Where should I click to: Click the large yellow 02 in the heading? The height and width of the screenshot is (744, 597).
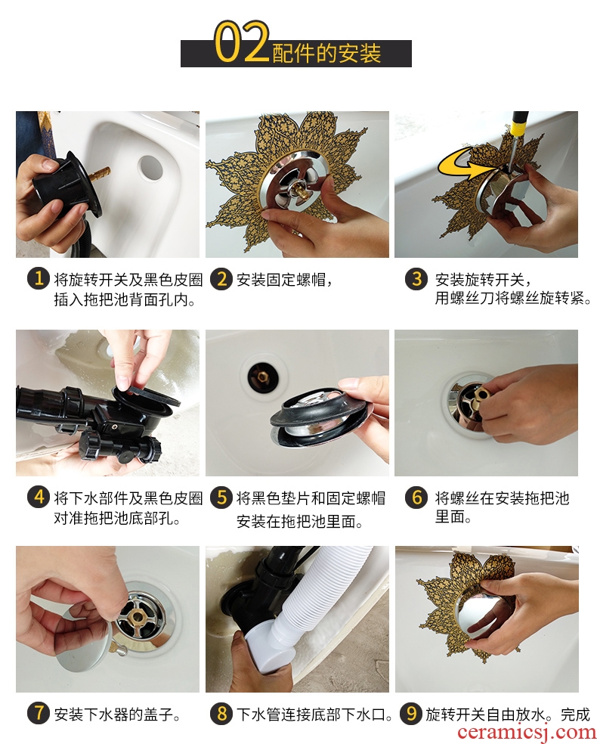click(242, 42)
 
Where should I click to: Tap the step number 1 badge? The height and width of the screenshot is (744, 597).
click(39, 279)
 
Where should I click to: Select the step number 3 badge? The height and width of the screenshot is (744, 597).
click(416, 279)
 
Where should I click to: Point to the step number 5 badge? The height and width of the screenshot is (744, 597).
click(221, 498)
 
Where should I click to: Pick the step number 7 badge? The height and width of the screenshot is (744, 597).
click(39, 714)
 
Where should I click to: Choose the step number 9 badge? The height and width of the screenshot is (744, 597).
click(411, 714)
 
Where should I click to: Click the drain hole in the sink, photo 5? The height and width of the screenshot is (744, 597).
click(261, 377)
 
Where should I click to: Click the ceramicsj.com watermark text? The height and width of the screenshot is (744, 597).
click(525, 733)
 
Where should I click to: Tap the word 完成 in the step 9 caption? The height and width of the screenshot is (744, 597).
click(575, 714)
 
